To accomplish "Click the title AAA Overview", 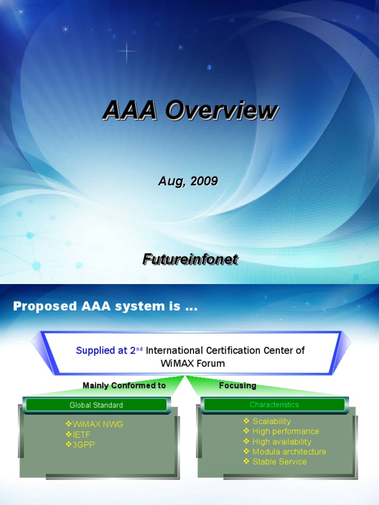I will click(190, 110).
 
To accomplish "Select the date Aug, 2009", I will click(188, 181).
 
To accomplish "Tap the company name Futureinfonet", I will click(190, 259).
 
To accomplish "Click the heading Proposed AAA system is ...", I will click(105, 306).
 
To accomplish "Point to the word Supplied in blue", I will click(95, 351).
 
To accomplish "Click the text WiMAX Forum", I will click(192, 363).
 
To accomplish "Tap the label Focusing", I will click(237, 386).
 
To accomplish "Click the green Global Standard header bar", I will click(96, 405).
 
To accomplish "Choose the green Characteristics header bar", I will click(274, 405).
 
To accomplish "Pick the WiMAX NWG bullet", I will click(95, 424).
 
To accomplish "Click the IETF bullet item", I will click(79, 434).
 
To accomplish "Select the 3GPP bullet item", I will click(80, 444).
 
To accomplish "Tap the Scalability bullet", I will click(271, 421).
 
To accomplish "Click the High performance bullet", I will click(285, 432).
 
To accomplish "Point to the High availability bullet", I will click(281, 442).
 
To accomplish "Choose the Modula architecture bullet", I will click(289, 452).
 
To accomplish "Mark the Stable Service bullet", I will click(279, 462).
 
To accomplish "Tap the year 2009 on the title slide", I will click(204, 181).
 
